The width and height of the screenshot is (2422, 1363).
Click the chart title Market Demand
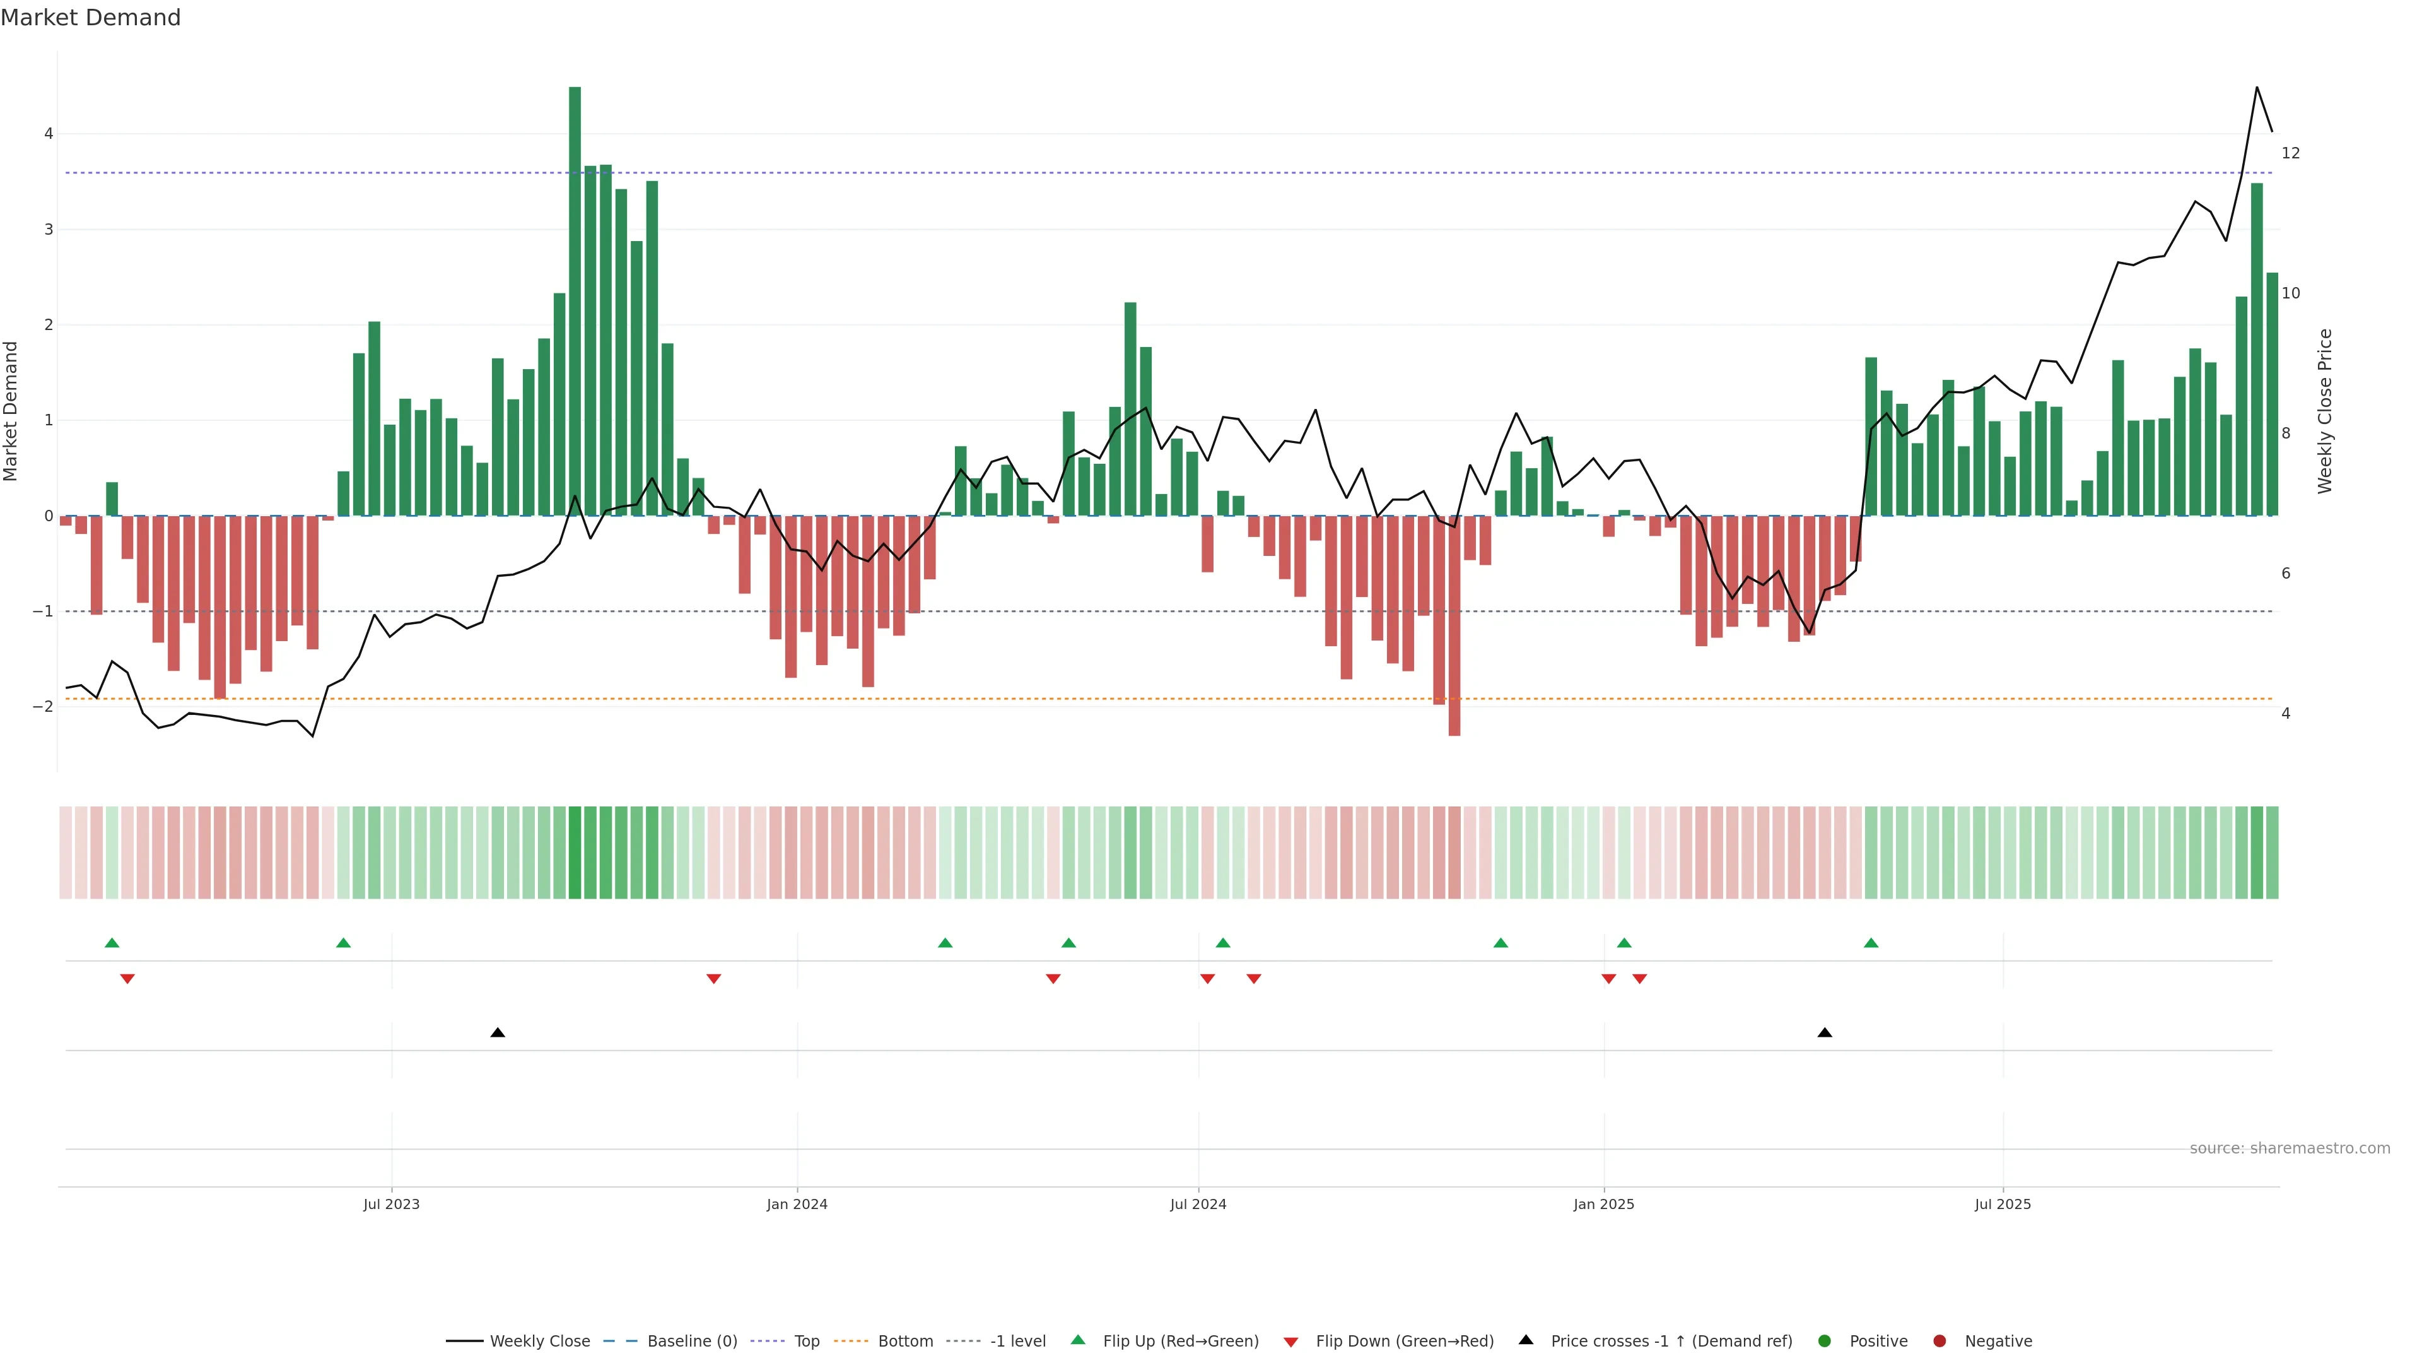pos(90,18)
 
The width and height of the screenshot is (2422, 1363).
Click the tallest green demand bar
pos(575,301)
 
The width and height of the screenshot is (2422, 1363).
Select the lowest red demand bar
pos(1454,625)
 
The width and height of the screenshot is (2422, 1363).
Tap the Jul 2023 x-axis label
pos(391,1204)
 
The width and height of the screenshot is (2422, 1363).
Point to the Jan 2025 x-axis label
pos(1603,1204)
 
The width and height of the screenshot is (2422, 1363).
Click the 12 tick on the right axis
pos(2290,153)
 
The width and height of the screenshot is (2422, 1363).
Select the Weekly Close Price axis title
pos(2325,411)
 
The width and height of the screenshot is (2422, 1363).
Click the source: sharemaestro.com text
pos(2290,1148)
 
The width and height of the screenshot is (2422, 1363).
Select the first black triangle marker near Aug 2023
pos(498,1033)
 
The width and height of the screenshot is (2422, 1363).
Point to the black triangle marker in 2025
pos(1824,1033)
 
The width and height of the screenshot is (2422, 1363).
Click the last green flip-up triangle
pos(1870,943)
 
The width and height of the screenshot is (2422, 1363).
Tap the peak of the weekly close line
pos(2257,88)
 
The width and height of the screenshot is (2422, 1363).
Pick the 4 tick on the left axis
pos(48,134)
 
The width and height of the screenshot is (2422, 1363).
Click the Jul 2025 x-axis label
pos(2002,1204)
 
